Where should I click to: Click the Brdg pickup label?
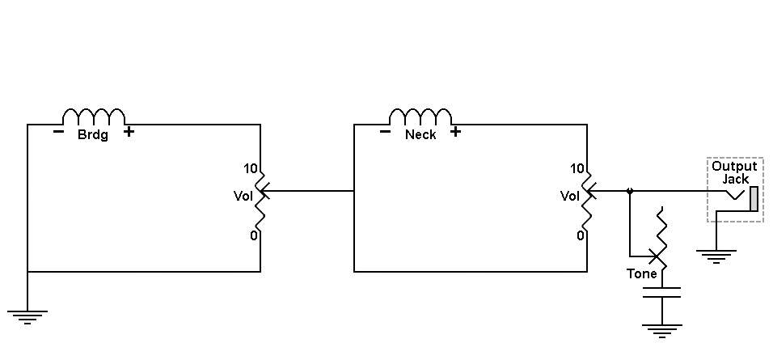click(x=93, y=134)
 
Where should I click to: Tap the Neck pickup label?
click(x=420, y=134)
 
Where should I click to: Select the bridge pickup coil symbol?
click(x=94, y=116)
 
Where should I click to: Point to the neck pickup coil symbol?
click(x=420, y=116)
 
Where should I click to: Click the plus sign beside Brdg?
click(x=129, y=132)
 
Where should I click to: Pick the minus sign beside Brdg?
click(x=58, y=132)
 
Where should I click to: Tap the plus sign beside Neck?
click(x=455, y=132)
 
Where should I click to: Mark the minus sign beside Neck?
click(x=385, y=132)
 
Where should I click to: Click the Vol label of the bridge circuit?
click(x=243, y=196)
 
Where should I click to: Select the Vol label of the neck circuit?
click(x=569, y=196)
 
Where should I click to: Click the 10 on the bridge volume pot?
click(x=251, y=168)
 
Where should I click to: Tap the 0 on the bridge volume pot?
click(x=253, y=235)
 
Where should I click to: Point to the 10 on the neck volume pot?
click(x=577, y=168)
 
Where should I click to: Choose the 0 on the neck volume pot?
click(x=581, y=235)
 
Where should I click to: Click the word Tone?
click(x=641, y=273)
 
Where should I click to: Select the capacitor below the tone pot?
click(x=661, y=292)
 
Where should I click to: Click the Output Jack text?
click(x=734, y=172)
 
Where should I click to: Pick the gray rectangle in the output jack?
click(x=754, y=199)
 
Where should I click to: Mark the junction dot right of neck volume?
click(x=630, y=191)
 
